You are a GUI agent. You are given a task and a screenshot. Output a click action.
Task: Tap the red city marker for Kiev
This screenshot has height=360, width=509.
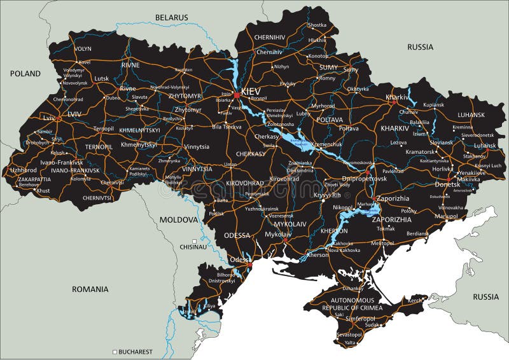[237, 95]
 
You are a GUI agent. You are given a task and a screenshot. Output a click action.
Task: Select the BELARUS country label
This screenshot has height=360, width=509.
[172, 17]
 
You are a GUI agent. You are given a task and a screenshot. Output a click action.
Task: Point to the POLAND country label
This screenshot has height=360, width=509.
[25, 74]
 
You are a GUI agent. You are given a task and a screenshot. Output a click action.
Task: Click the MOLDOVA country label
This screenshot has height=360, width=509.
[179, 219]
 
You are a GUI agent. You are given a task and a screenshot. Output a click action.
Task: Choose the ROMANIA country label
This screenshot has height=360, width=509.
[90, 289]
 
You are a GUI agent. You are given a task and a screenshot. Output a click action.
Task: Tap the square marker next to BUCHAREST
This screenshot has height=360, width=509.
[115, 351]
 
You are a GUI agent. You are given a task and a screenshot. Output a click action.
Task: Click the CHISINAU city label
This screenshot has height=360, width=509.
[193, 247]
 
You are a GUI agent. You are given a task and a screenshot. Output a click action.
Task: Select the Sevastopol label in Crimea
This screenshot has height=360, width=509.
[349, 334]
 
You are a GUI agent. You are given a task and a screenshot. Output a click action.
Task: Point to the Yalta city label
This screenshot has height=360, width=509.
[351, 343]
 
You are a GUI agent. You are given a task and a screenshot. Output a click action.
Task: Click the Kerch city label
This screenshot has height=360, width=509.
[415, 300]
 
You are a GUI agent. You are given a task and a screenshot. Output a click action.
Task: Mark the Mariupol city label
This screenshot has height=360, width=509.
[445, 216]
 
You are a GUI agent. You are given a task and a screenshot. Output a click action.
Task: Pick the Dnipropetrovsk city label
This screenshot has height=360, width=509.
[365, 179]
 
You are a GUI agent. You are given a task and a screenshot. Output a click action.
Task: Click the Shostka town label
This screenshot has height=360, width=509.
[316, 25]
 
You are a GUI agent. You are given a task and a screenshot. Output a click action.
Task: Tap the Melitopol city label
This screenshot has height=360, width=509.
[382, 243]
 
